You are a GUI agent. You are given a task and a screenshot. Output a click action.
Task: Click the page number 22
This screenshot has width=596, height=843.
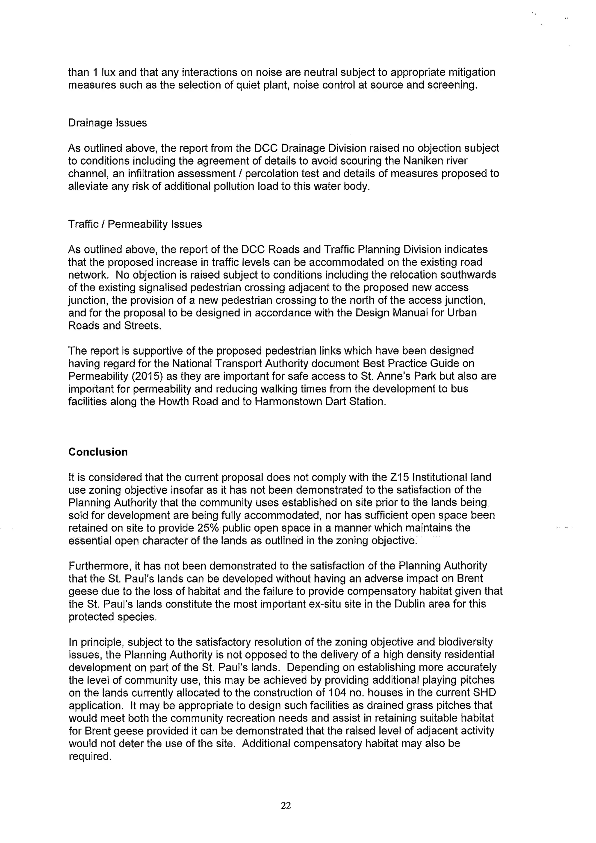(286, 805)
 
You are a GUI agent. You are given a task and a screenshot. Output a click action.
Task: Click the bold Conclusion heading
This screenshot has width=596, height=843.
(98, 452)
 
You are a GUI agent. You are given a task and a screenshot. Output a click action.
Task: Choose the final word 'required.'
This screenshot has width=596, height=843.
(90, 756)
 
